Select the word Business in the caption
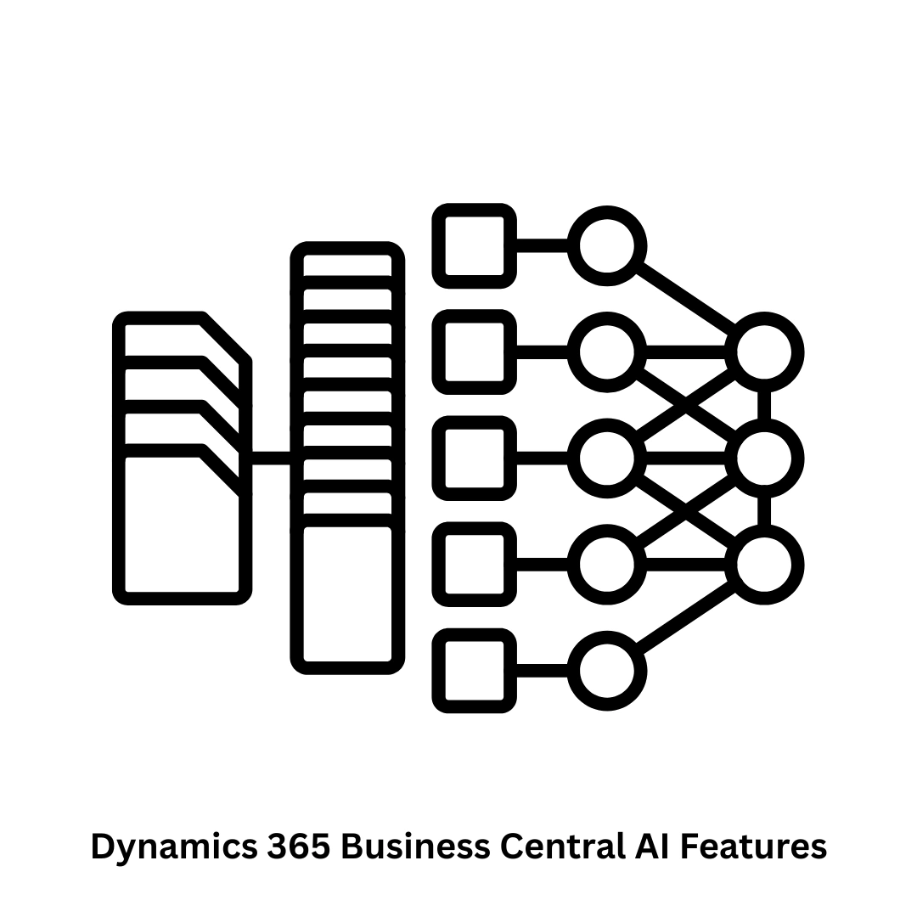[x=415, y=846]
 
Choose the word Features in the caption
[x=755, y=846]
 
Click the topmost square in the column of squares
[x=475, y=246]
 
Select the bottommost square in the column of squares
[x=475, y=671]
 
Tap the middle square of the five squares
[x=475, y=458]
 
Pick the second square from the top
[x=475, y=352]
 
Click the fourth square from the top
[x=475, y=565]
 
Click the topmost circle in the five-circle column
[x=606, y=246]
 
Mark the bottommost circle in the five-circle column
[x=606, y=671]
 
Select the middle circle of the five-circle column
[x=606, y=458]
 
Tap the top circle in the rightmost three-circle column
[x=764, y=352]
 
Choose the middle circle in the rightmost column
[x=764, y=458]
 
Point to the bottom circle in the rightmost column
[x=764, y=565]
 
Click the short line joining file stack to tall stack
[x=272, y=458]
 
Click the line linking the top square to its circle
[x=542, y=246]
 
